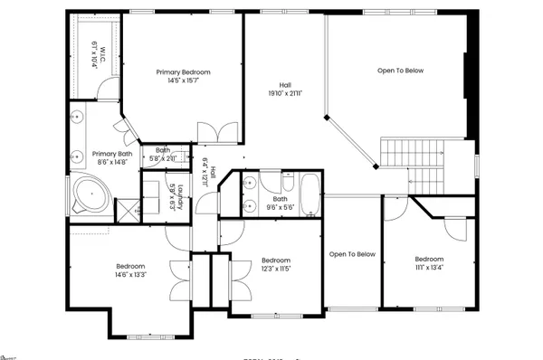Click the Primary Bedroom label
(183, 71)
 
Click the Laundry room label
(181, 196)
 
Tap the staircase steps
(409, 154)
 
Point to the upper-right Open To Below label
(400, 71)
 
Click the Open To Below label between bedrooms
(352, 254)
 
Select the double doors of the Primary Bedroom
(217, 133)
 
